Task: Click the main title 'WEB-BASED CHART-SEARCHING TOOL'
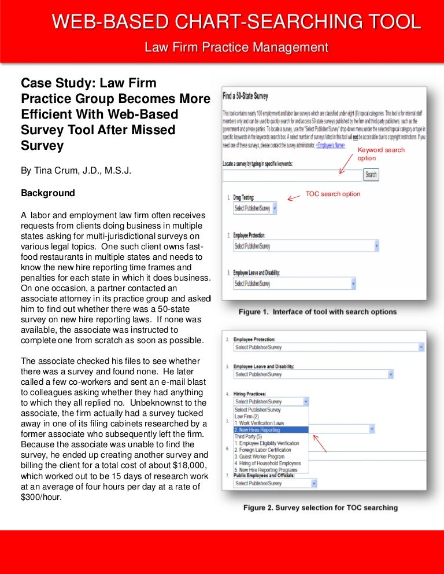point(236,22)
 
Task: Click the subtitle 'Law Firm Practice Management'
point(236,47)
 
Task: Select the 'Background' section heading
point(48,192)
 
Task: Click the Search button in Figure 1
point(371,174)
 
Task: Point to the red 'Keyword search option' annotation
point(381,154)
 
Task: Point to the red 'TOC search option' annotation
point(332,194)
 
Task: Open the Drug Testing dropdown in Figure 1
point(255,208)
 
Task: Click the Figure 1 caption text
point(318,312)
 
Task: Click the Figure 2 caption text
point(320,507)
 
